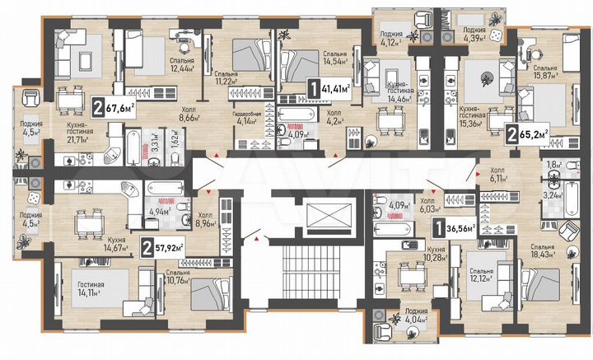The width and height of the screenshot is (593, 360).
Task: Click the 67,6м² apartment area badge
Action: point(114,106)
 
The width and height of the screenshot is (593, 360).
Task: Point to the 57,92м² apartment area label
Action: point(163,245)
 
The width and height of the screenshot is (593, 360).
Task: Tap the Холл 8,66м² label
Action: point(191,114)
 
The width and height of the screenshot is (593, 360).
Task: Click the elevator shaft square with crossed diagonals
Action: point(329,217)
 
